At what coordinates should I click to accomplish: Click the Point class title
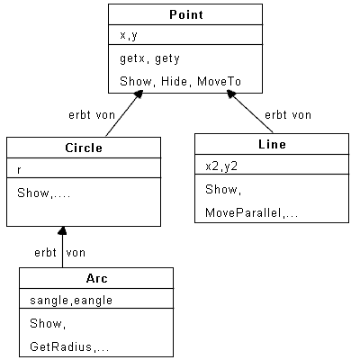tap(186, 14)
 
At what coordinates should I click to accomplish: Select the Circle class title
tap(84, 148)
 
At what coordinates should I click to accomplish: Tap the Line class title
tap(272, 144)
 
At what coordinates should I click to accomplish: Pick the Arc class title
tap(96, 278)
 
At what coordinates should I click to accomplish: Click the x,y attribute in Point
tap(129, 35)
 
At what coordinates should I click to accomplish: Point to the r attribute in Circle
tap(19, 170)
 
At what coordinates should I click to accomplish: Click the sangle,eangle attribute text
tap(71, 301)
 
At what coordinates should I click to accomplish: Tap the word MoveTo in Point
tap(220, 81)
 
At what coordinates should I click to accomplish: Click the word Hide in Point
tap(175, 81)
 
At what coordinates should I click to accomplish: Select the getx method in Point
tap(132, 58)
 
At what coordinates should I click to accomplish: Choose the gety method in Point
tap(167, 58)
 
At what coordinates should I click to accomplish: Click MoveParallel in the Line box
tap(243, 212)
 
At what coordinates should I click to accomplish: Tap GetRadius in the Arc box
tap(61, 346)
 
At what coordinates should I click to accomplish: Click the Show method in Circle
tap(33, 193)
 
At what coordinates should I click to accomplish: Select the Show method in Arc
tap(46, 323)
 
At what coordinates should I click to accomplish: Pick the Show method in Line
tap(221, 189)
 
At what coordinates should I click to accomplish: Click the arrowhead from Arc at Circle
tap(62, 230)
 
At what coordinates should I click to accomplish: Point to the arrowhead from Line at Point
tap(231, 94)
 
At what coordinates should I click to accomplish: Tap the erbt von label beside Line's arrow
tap(288, 115)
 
